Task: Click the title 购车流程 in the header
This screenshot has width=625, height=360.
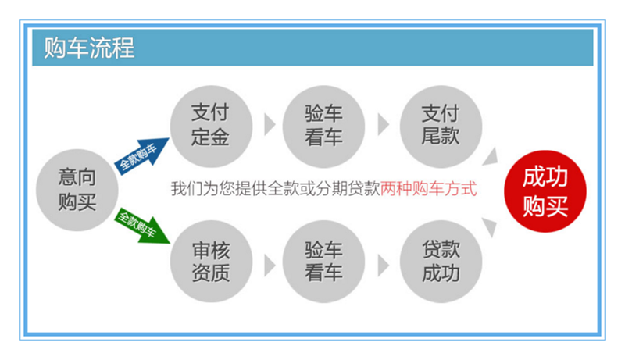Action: coord(89,48)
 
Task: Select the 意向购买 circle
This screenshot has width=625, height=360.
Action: coord(77,190)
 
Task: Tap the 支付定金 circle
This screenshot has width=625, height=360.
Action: coord(211,127)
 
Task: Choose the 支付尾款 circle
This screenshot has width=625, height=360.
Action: coord(441,127)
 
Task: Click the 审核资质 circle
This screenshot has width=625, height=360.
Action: coord(211,262)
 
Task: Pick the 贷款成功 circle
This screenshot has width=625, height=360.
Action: coord(441,262)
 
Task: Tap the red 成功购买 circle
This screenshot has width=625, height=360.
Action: coord(545,191)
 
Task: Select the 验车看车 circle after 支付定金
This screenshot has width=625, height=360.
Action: coord(323,127)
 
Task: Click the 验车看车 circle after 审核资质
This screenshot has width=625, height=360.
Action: coord(323,262)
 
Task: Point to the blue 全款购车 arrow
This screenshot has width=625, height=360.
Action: coord(141,155)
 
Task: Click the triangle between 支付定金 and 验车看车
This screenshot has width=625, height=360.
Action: coord(269,125)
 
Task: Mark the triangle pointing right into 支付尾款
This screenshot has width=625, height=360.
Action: coord(383,125)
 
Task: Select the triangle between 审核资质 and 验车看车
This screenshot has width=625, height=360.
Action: coord(269,266)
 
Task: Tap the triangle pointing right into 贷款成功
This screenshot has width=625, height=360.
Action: coord(383,266)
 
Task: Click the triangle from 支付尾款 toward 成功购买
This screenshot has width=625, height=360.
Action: coord(491,157)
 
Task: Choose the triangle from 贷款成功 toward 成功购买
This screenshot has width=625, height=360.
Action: coord(491,226)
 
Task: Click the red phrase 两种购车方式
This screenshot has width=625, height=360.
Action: coord(428,188)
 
